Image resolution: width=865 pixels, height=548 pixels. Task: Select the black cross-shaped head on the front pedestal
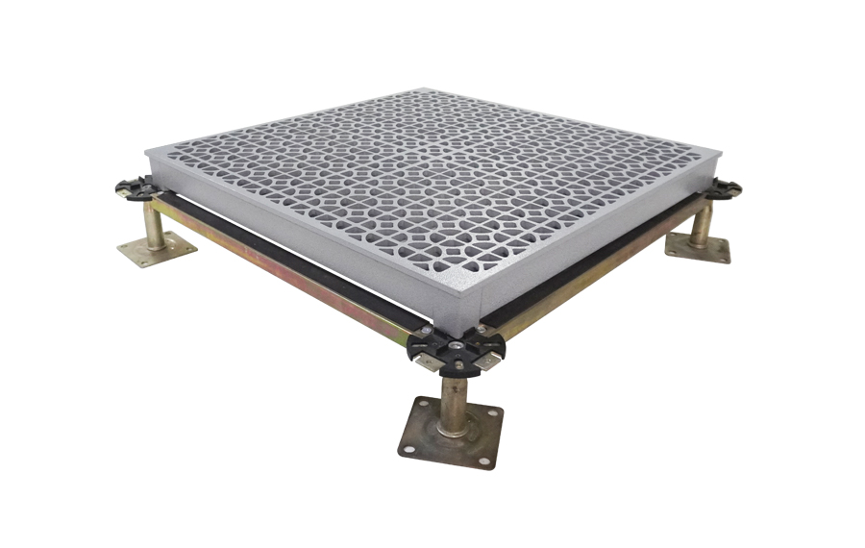pyautogui.click(x=452, y=348)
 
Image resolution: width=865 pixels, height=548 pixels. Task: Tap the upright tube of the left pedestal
pyautogui.click(x=154, y=222)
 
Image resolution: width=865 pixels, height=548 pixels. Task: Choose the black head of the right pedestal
pyautogui.click(x=723, y=189)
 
